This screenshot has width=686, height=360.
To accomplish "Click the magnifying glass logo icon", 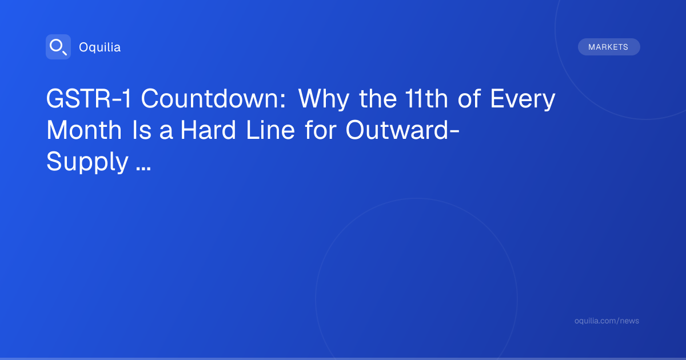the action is point(58,47).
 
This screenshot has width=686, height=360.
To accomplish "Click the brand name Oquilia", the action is point(100,47).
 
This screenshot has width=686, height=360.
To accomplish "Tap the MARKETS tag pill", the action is point(609,47).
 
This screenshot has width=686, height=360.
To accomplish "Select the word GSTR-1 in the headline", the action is point(89,98).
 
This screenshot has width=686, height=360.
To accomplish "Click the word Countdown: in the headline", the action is point(213,98).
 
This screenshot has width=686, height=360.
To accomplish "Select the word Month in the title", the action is point(84,130).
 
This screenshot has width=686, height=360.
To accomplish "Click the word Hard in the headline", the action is point(208,130).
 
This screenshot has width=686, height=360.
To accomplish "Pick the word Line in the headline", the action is point(270,130).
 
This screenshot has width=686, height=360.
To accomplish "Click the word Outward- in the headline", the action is point(402,130).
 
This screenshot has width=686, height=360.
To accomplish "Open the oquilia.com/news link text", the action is point(607,321).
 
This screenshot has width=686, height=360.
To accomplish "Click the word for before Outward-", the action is point(321,130).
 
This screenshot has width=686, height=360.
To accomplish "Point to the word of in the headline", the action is point(469,98).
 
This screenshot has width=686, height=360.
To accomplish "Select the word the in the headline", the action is point(378,98).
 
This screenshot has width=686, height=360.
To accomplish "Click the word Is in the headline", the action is point(142,130).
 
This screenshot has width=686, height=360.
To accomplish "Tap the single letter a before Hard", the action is point(166,132).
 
